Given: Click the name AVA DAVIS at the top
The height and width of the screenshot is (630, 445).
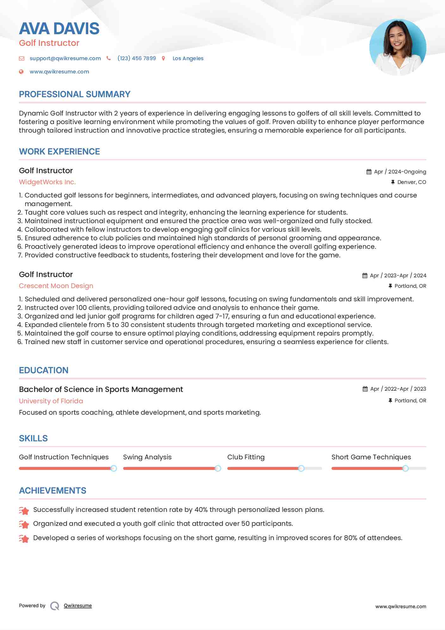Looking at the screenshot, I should (x=59, y=28).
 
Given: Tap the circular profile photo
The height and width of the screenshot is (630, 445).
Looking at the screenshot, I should (x=398, y=47).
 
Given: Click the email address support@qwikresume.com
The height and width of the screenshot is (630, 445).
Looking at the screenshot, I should (x=65, y=58).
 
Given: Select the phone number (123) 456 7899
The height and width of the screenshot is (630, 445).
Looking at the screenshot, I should (x=137, y=58).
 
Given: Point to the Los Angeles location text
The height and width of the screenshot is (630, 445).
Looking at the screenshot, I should (x=188, y=58).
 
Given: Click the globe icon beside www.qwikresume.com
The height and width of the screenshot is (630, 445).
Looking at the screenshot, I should (x=21, y=72).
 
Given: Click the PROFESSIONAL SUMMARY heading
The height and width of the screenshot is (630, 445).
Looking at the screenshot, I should (x=75, y=94).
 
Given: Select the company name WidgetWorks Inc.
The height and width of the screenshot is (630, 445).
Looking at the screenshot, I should (x=47, y=182).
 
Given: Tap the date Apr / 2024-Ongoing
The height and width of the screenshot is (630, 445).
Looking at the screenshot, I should (x=400, y=172).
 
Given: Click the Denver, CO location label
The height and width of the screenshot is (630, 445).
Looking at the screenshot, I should (x=411, y=182).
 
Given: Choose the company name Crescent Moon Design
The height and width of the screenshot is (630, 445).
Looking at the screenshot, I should (x=56, y=286).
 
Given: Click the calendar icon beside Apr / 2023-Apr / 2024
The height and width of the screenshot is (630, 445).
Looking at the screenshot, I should (x=365, y=275).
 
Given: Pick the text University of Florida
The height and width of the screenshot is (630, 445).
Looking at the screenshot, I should (x=51, y=401).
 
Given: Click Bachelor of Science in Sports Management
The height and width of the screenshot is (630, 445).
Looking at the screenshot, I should (x=101, y=389).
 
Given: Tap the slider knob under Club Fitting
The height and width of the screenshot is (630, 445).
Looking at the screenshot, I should (x=301, y=468).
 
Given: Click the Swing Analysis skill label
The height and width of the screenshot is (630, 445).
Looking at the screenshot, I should (x=147, y=457).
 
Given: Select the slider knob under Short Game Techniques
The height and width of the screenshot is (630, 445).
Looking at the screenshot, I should (x=405, y=468).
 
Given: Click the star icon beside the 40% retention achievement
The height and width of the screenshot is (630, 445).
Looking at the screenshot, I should (x=24, y=510).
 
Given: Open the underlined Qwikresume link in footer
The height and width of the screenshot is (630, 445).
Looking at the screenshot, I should (x=78, y=606).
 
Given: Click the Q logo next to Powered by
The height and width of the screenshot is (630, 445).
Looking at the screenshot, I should (x=55, y=606).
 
